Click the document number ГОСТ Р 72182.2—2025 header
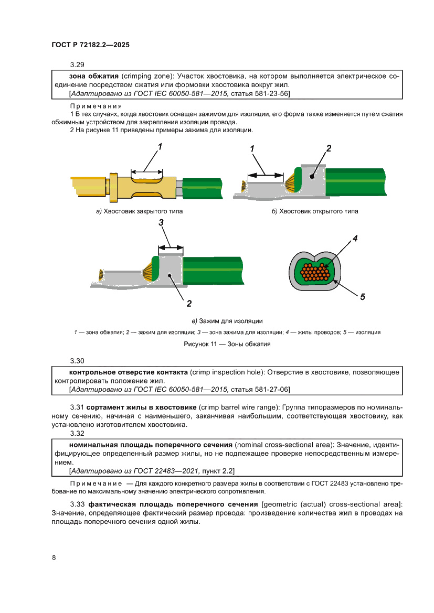pyautogui.click(x=90, y=46)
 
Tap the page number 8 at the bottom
pyautogui.click(x=54, y=557)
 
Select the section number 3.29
pyautogui.click(x=77, y=66)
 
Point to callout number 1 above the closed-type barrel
pyautogui.click(x=160, y=147)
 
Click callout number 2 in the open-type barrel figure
pyautogui.click(x=329, y=148)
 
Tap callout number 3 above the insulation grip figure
pyautogui.click(x=162, y=223)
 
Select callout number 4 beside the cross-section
pyautogui.click(x=355, y=239)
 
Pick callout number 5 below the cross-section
pyautogui.click(x=362, y=297)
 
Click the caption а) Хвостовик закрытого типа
pyautogui.click(x=139, y=211)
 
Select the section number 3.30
pyautogui.click(x=77, y=361)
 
